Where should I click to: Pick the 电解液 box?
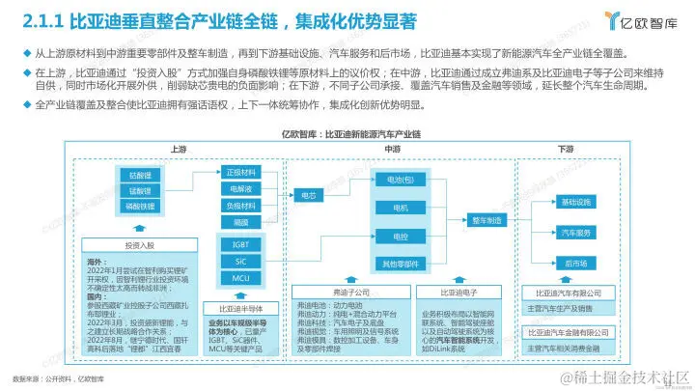click(239, 189)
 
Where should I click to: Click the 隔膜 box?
click(239, 221)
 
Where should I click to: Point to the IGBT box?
click(240, 245)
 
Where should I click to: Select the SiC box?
click(240, 261)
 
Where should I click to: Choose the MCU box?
click(240, 278)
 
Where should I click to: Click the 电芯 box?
click(308, 195)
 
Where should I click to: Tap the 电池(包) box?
click(400, 180)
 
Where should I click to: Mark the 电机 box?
click(400, 208)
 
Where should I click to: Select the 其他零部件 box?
click(400, 264)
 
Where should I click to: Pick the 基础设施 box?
click(575, 202)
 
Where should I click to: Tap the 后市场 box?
click(575, 263)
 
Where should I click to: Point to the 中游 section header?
click(393, 149)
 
